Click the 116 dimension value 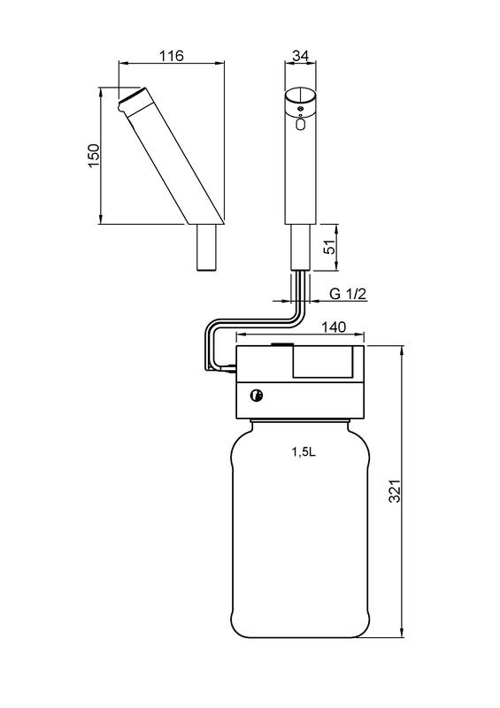[x=171, y=56]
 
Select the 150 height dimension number [x=94, y=156]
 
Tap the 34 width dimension [x=300, y=56]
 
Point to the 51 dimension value [x=331, y=247]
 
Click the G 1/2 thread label [x=348, y=294]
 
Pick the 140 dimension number [x=334, y=327]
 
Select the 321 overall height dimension [x=396, y=491]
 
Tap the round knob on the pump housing [x=257, y=396]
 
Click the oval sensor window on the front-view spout [x=301, y=124]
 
